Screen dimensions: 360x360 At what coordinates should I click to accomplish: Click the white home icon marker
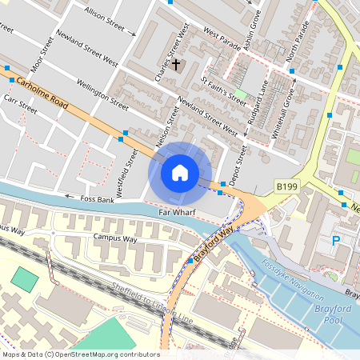point(180,172)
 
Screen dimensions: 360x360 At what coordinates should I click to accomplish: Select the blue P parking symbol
point(336,240)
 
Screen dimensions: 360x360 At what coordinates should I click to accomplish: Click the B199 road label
point(287,186)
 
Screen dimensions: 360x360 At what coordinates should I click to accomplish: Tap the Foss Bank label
point(95,197)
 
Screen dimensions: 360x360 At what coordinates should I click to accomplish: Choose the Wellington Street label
point(102,94)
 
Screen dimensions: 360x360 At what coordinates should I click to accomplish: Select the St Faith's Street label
point(223,91)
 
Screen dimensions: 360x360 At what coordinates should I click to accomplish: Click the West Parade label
point(222,38)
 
